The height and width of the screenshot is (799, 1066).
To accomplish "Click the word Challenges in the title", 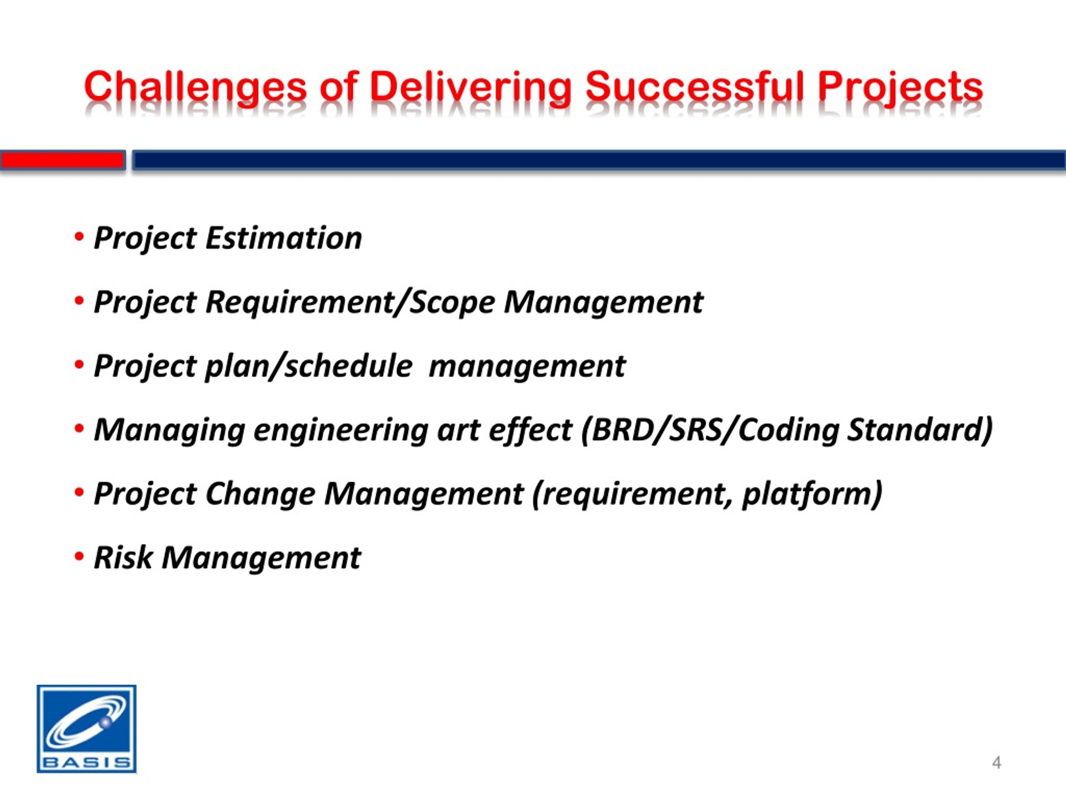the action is click(196, 88).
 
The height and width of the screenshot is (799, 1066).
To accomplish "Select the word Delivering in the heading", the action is click(471, 88).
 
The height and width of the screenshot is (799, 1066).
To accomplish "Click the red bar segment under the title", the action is click(62, 160).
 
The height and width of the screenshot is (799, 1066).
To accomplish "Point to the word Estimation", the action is click(284, 238).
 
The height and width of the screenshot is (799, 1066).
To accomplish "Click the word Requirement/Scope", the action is click(350, 303).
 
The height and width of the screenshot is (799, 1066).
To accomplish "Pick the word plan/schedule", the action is click(309, 366).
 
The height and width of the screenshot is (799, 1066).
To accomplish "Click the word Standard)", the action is click(920, 429).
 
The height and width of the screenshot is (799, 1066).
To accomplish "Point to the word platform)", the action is click(812, 494).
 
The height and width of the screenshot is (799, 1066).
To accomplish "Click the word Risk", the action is click(123, 558).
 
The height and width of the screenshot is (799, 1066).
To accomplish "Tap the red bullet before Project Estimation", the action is click(80, 237).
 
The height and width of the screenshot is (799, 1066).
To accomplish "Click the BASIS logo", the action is click(87, 729).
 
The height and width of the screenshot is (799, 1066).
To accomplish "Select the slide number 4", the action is click(996, 763).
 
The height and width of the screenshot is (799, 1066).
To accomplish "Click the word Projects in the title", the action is click(900, 88).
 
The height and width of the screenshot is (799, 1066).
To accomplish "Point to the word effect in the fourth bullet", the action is click(530, 429).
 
